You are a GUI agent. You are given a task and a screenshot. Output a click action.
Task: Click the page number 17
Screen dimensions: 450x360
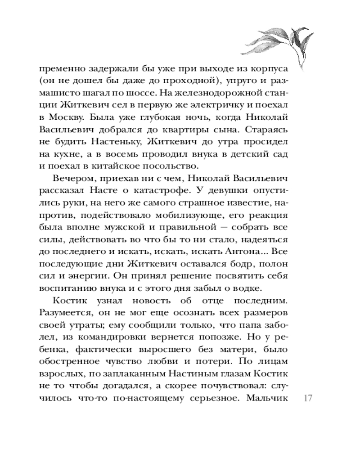point(308,398)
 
